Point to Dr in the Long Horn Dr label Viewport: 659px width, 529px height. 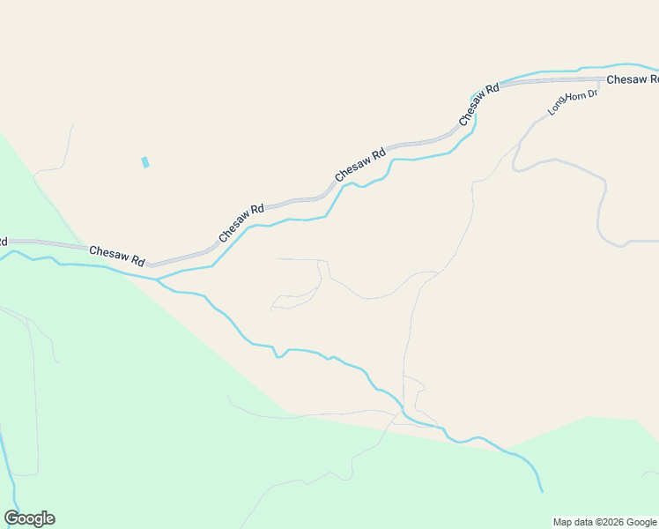coord(593,93)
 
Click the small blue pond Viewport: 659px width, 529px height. coord(145,162)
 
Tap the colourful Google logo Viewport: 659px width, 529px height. coord(29,518)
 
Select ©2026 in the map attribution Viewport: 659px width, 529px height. coord(608,522)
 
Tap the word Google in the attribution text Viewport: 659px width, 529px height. coord(641,522)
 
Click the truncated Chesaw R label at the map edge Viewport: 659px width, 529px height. coord(632,79)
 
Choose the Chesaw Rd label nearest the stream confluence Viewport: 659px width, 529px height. coord(117,257)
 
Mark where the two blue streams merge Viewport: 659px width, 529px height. coord(157,280)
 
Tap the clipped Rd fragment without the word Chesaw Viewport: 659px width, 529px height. coord(4,241)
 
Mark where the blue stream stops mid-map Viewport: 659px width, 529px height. coord(541,491)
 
